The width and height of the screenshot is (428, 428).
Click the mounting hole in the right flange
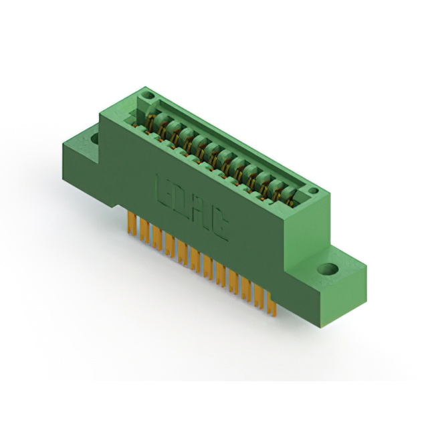click(x=328, y=270)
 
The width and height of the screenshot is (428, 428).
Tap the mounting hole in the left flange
click(x=95, y=139)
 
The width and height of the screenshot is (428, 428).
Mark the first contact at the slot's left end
click(x=151, y=124)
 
